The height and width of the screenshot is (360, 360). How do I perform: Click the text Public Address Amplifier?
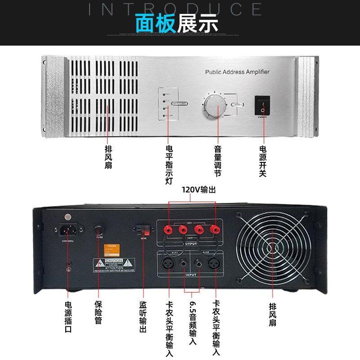[237, 72]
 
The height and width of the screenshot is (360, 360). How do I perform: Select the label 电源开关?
[263, 161]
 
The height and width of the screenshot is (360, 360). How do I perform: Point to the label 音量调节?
[218, 161]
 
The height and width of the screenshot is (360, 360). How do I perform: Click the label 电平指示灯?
[169, 165]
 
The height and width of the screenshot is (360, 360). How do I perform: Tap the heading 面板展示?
[177, 23]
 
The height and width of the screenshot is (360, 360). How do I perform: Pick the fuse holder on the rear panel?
[99, 232]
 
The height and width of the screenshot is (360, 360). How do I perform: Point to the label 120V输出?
[198, 190]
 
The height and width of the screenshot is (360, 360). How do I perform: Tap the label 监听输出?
[143, 317]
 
